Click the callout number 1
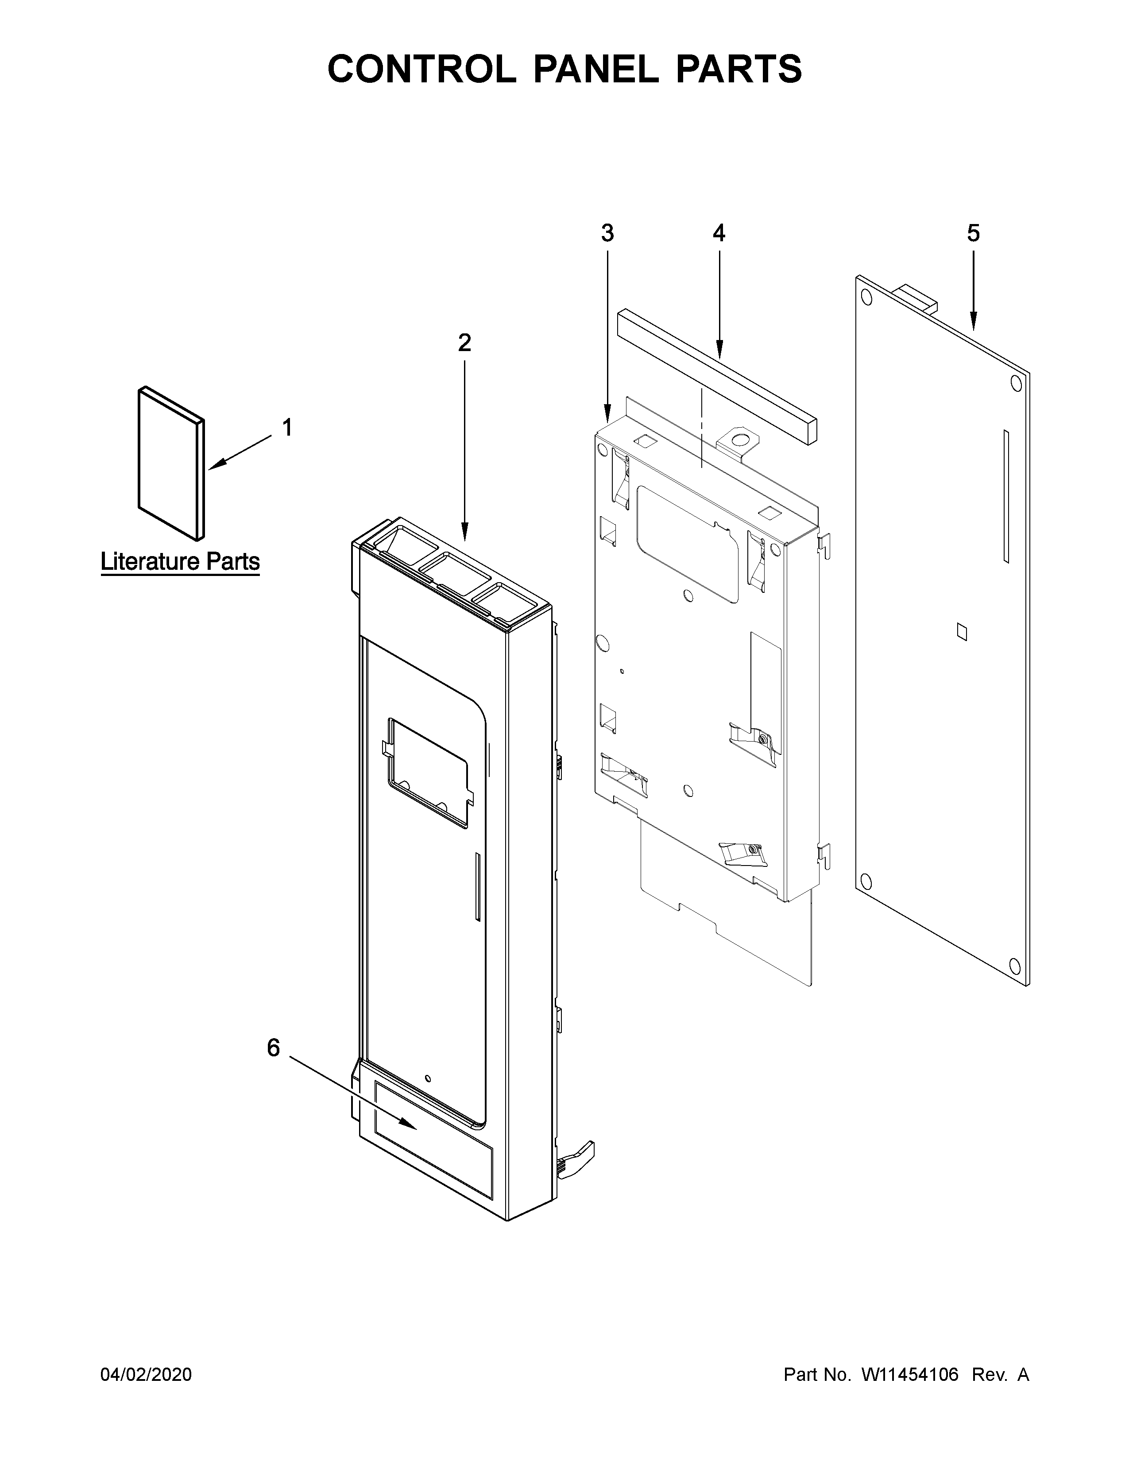point(287,428)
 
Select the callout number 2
point(464,343)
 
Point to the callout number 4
point(718,233)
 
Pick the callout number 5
point(973,233)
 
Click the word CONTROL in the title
point(422,69)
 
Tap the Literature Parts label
point(180,562)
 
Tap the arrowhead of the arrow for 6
point(415,1127)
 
